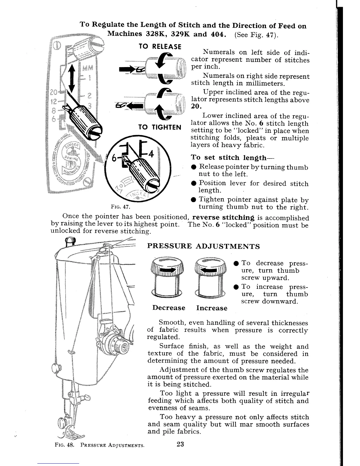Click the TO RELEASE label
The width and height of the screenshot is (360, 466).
(x=160, y=47)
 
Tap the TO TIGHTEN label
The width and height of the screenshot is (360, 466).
(x=160, y=127)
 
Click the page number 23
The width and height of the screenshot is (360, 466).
(x=180, y=444)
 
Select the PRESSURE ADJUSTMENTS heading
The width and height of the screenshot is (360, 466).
(x=203, y=246)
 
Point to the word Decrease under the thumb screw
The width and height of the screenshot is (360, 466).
(x=169, y=308)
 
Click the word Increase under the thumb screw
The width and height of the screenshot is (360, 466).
(x=212, y=308)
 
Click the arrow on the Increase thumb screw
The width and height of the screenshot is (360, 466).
(x=210, y=269)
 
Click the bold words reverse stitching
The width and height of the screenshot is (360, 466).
(x=223, y=217)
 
